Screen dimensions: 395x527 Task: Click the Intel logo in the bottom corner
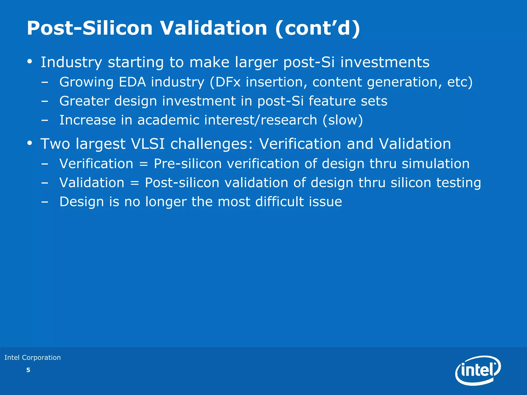(x=478, y=370)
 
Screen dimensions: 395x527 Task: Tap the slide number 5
(x=28, y=370)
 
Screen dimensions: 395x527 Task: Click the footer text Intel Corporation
(x=33, y=357)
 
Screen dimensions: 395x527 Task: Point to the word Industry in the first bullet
(x=71, y=62)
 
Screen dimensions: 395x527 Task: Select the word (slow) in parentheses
(x=342, y=120)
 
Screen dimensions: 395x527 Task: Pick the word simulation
(x=435, y=164)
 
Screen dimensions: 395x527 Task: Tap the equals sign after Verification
(x=144, y=164)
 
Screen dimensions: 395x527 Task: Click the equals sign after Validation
(x=135, y=183)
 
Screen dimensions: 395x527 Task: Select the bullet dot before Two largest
(x=30, y=143)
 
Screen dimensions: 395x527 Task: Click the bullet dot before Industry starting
(x=30, y=62)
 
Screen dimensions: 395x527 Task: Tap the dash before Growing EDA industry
(x=45, y=83)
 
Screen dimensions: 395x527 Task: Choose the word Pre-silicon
(x=188, y=164)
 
